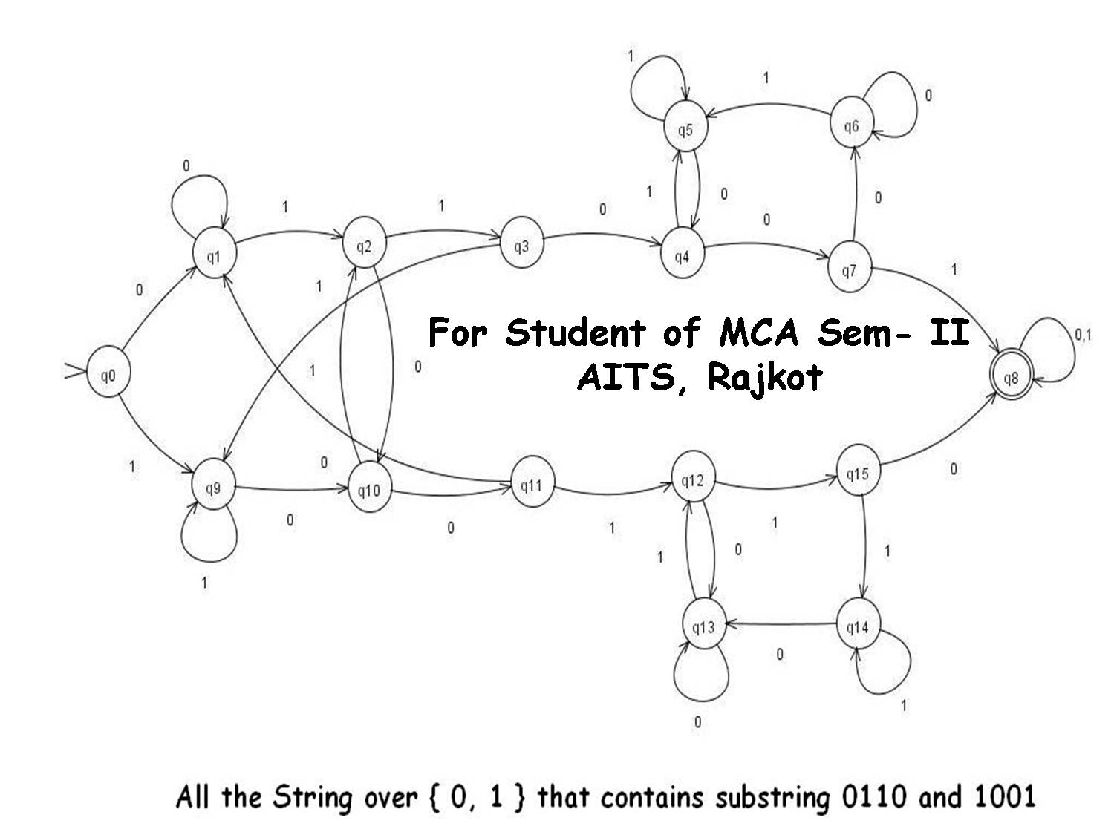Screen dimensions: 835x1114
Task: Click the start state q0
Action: [108, 376]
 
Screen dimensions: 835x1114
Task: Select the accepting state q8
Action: [1011, 379]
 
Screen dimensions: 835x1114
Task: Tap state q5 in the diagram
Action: [685, 130]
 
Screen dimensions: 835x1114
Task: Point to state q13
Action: [703, 628]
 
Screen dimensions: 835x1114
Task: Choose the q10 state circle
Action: [368, 490]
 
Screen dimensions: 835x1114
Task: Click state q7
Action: [849, 270]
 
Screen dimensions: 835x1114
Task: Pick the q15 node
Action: [857, 473]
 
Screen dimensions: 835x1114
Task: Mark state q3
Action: [521, 246]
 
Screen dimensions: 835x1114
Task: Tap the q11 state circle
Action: [530, 485]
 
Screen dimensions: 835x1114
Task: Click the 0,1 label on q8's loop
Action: [1083, 335]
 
